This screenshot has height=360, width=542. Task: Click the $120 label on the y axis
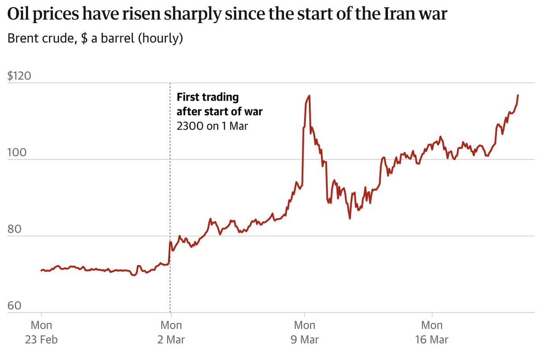point(19,76)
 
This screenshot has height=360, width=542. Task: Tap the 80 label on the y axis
point(15,229)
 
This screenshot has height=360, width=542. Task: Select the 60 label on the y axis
point(15,305)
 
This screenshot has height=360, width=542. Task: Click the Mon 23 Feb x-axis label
point(41,332)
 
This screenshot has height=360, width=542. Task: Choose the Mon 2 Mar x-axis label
point(171,332)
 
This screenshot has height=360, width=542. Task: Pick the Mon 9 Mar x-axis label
point(304,332)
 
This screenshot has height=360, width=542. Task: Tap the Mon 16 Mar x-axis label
point(432,332)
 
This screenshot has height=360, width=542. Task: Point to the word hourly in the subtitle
point(160,39)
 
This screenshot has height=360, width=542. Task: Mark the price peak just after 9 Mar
point(309,96)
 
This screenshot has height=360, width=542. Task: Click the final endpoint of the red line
point(518,95)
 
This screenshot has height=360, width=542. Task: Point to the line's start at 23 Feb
point(41,271)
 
